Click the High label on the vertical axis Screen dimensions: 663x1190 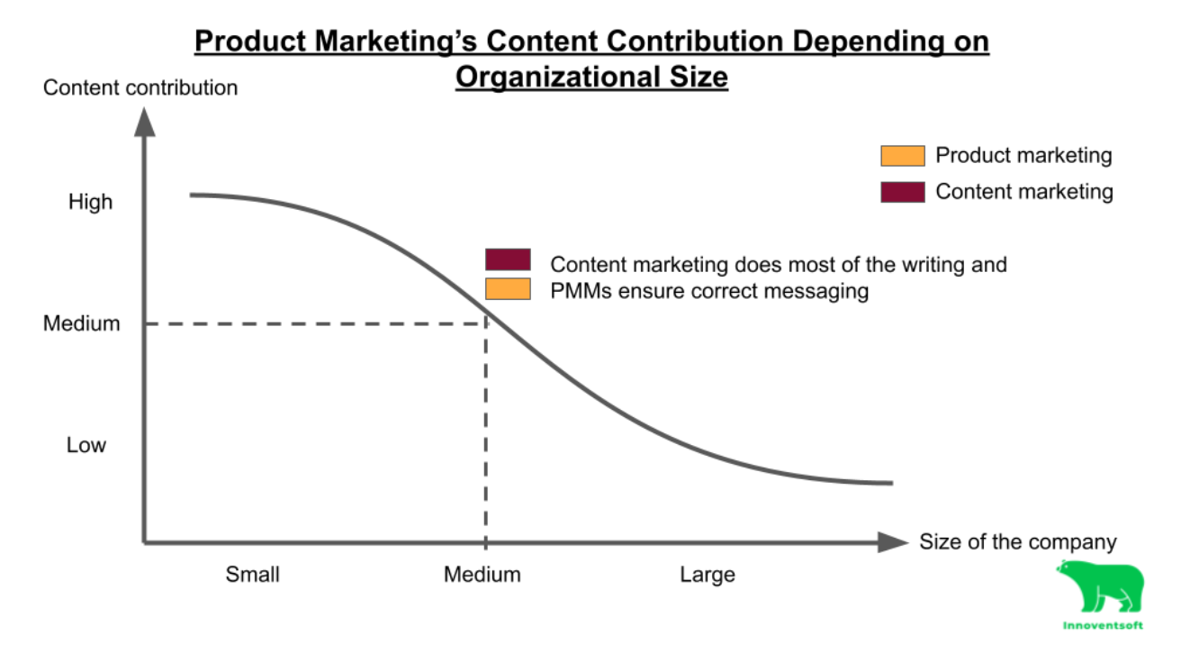tap(90, 202)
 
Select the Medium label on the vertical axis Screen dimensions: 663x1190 tap(81, 323)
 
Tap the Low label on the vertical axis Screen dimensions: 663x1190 tap(86, 445)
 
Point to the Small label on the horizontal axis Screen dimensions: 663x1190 tap(252, 575)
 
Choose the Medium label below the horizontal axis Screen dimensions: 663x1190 tap(482, 575)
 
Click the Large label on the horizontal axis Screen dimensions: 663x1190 tap(708, 575)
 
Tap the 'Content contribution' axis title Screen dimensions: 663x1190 tap(140, 88)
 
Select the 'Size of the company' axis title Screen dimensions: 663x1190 tap(1017, 542)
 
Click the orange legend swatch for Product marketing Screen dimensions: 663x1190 tap(902, 156)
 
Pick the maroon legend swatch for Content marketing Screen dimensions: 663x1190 tap(902, 192)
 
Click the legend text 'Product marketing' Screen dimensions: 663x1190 tap(1023, 156)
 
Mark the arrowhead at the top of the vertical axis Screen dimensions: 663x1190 tap(144, 122)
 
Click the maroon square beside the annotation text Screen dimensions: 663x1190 tap(508, 260)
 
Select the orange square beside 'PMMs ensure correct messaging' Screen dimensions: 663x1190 tap(508, 289)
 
